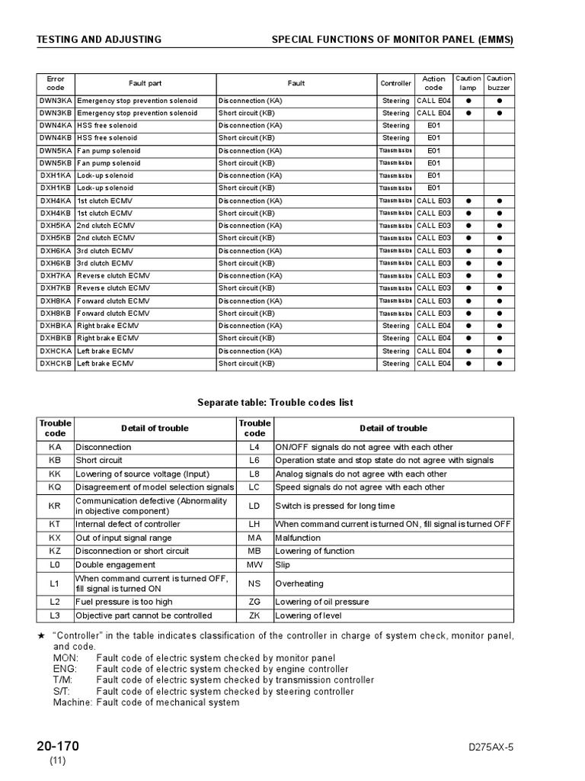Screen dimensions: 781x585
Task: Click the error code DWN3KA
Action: coord(55,101)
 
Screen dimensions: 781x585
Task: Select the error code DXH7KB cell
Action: coord(55,288)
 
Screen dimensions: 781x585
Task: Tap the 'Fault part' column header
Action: coord(145,83)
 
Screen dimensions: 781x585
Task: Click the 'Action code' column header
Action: coord(433,83)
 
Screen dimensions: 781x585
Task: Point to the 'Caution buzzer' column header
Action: coord(500,83)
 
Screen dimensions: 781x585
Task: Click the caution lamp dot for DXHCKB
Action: coord(468,364)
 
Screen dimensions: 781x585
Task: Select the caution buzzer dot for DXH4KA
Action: coord(500,201)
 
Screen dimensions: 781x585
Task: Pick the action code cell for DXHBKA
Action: coord(433,326)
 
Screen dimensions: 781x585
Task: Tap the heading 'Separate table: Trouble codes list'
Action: coord(275,403)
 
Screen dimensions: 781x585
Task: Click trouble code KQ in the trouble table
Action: coord(55,487)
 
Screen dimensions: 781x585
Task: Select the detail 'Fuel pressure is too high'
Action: coord(124,602)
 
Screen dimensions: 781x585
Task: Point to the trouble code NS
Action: coord(254,583)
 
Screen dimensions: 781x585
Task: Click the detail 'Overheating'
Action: coord(299,583)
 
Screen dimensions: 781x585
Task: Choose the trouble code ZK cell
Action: coord(254,615)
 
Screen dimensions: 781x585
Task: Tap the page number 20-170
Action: coord(57,746)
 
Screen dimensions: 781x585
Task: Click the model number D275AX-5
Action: coord(491,747)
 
